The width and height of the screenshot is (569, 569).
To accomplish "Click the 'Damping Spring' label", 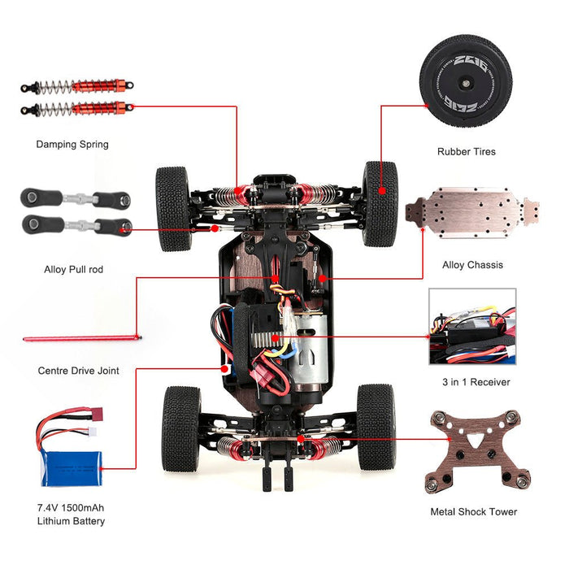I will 72,145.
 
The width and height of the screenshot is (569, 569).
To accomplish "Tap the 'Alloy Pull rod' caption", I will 73,269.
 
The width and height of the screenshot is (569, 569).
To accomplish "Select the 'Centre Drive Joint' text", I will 79,371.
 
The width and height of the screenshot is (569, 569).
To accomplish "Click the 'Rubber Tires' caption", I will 466,151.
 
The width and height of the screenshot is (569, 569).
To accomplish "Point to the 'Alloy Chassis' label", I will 472,265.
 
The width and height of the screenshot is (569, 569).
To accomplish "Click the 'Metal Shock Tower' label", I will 473,512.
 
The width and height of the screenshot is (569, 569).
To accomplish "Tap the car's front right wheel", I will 380,203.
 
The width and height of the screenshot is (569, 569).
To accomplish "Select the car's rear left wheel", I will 180,428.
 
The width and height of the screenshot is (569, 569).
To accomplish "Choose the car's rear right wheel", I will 376,427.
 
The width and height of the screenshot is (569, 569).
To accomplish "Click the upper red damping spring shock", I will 77,86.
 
